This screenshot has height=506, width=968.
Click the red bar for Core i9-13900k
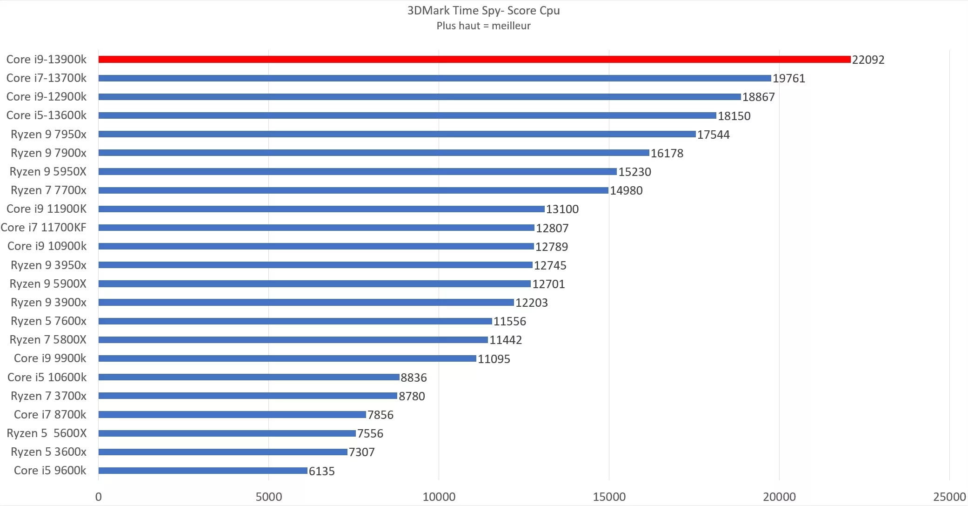(474, 60)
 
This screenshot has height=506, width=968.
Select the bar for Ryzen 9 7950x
(397, 134)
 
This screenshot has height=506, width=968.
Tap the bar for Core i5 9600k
(203, 471)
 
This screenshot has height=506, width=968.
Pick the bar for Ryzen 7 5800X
(293, 340)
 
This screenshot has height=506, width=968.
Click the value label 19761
(789, 78)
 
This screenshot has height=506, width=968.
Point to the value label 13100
(562, 209)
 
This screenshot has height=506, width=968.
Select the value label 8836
(414, 378)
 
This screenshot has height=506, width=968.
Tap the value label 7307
(361, 452)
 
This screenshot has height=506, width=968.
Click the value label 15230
(634, 172)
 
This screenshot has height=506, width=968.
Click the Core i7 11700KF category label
(44, 228)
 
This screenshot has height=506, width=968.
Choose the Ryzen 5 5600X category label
(47, 433)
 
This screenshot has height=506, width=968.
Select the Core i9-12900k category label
(47, 97)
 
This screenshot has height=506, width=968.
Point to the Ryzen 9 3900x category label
(48, 303)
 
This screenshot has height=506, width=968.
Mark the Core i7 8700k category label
(50, 415)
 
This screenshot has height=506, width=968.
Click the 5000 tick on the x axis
(269, 497)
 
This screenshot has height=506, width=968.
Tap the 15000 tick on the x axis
(609, 497)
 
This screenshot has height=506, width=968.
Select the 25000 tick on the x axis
(949, 497)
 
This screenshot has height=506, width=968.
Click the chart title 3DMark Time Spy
(483, 11)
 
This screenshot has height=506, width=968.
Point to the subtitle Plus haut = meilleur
(483, 26)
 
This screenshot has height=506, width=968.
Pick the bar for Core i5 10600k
(249, 377)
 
